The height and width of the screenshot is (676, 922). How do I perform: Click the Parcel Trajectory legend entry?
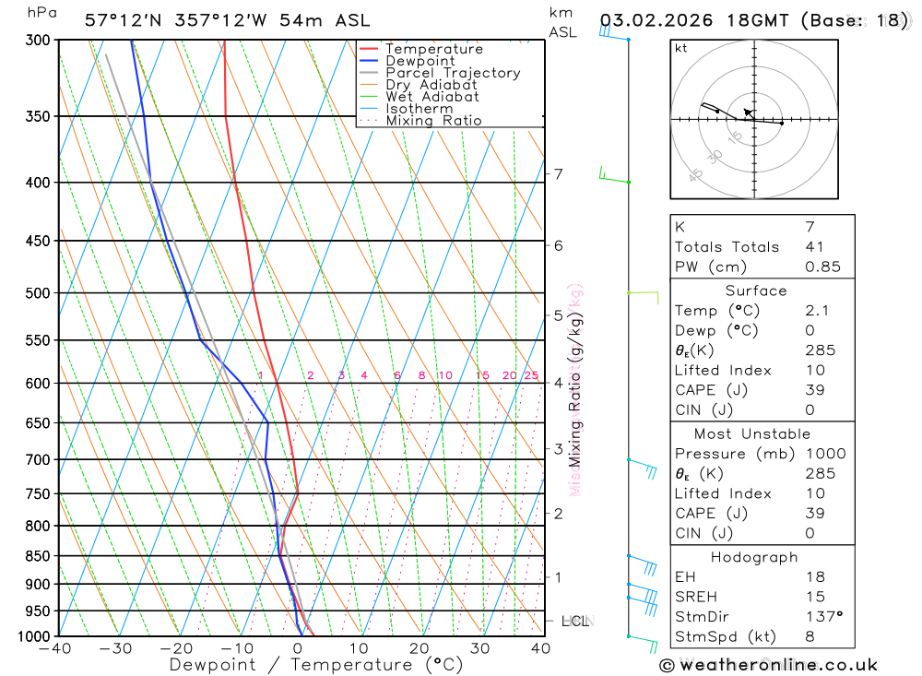click(453, 73)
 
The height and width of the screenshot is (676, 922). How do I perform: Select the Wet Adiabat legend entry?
click(432, 97)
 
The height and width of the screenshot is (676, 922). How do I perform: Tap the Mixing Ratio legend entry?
click(433, 121)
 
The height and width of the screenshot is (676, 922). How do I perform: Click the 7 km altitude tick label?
click(558, 173)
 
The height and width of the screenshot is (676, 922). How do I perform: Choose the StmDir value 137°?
click(822, 616)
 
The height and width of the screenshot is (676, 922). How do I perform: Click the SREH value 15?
click(814, 597)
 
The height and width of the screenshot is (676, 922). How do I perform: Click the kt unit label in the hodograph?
click(681, 48)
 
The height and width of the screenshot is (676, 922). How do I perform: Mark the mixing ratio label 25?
click(531, 375)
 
